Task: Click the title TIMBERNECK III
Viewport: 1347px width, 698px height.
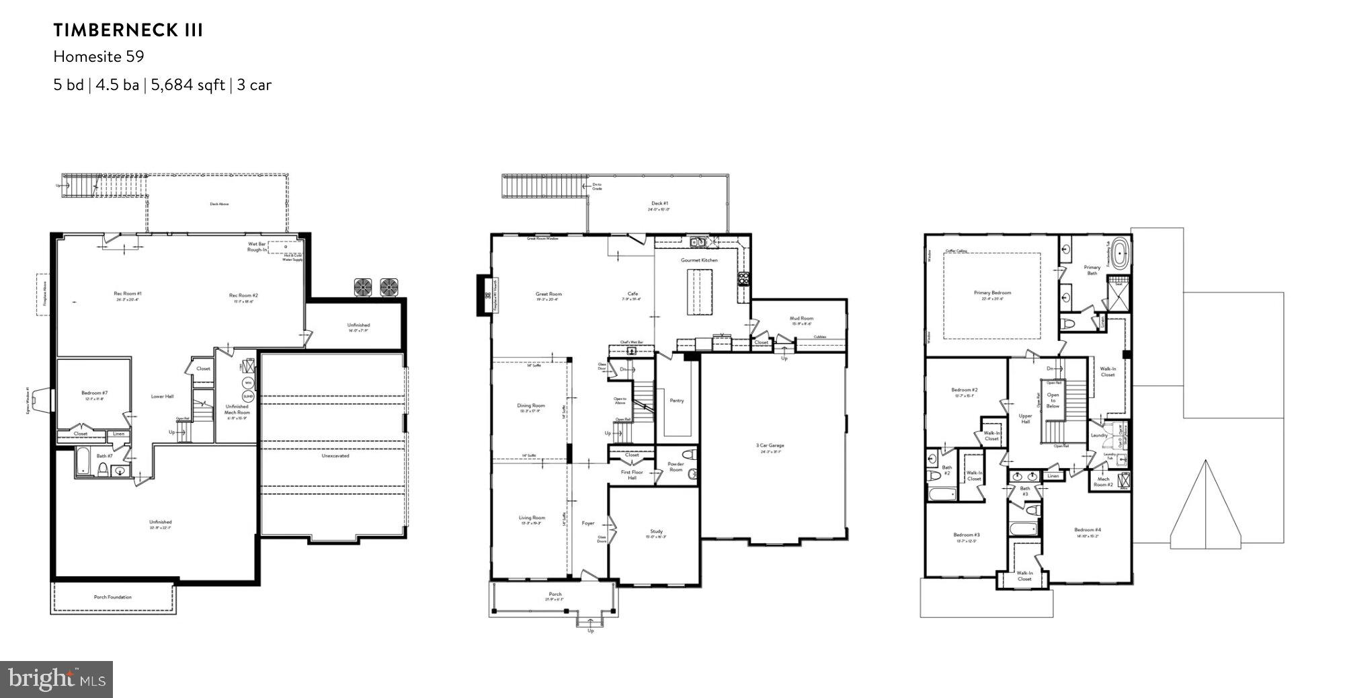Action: (128, 30)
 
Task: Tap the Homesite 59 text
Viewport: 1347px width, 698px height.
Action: (99, 56)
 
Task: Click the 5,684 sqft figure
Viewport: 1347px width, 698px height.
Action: (188, 85)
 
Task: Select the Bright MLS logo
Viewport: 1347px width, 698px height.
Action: (56, 679)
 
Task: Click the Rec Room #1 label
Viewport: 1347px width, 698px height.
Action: (128, 293)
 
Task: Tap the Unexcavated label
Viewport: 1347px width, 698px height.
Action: (335, 455)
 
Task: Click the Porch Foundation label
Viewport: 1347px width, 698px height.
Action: (113, 597)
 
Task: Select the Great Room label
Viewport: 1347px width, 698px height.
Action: (548, 294)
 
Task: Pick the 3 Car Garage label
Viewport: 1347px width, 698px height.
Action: (770, 445)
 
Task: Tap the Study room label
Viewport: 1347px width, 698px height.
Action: (656, 531)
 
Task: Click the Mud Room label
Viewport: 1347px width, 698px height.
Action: (801, 318)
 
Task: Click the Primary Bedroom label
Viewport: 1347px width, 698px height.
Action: (992, 293)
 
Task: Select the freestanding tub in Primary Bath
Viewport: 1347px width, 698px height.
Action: (1119, 254)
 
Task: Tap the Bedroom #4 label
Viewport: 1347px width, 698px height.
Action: (1087, 530)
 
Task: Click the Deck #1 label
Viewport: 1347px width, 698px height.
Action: (660, 203)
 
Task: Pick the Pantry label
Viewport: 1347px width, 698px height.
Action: (677, 401)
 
